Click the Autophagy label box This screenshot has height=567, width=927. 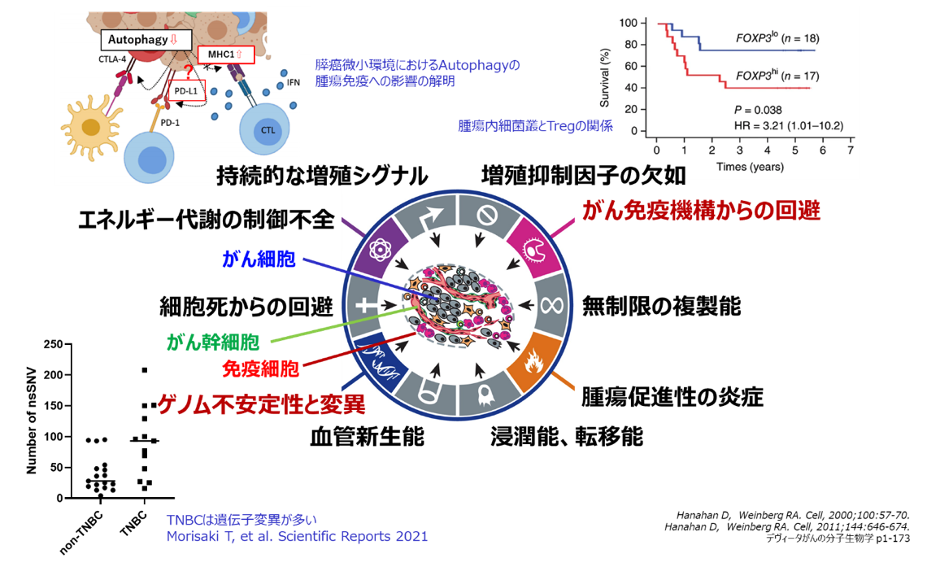(x=146, y=38)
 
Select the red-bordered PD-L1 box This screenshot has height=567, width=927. (x=187, y=91)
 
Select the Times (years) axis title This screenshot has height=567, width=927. (x=749, y=167)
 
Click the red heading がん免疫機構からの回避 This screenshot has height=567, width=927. (x=702, y=210)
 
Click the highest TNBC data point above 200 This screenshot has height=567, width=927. (x=145, y=370)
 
